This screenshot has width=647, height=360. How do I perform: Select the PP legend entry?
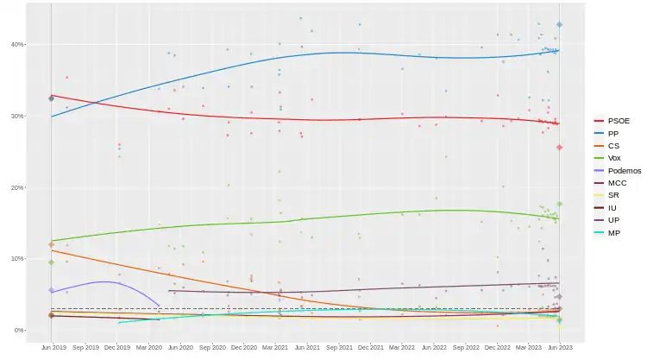pyautogui.click(x=613, y=134)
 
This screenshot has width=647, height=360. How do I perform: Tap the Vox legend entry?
pyautogui.click(x=614, y=158)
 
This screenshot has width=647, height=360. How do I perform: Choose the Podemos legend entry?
pyautogui.click(x=624, y=171)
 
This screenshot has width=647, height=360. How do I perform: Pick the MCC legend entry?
pyautogui.click(x=617, y=183)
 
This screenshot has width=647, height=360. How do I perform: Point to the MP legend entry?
pyautogui.click(x=613, y=233)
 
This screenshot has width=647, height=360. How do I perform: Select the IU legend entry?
pyautogui.click(x=612, y=208)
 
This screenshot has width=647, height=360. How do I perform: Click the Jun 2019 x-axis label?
pyautogui.click(x=53, y=347)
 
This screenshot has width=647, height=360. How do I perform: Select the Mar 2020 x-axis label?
pyautogui.click(x=148, y=347)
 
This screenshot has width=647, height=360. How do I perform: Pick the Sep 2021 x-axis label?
pyautogui.click(x=338, y=347)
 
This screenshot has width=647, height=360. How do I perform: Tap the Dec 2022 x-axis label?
pyautogui.click(x=497, y=347)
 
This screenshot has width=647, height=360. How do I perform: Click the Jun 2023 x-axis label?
pyautogui.click(x=560, y=347)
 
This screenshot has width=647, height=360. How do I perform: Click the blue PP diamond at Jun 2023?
pyautogui.click(x=559, y=25)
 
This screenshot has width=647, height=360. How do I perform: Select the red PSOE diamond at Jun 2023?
pyautogui.click(x=559, y=148)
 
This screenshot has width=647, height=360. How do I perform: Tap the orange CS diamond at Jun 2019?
pyautogui.click(x=52, y=245)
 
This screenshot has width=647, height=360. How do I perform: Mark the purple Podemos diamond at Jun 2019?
pyautogui.click(x=52, y=291)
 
